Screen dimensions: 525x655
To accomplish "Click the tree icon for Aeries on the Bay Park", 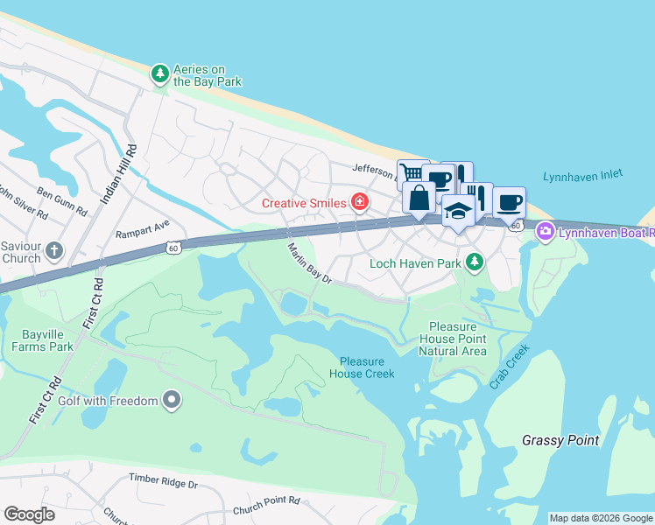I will click(159, 74).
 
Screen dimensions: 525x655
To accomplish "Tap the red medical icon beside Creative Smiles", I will click(359, 203).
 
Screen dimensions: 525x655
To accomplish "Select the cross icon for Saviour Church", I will click(54, 252).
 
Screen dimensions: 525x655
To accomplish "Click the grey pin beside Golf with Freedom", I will click(172, 401).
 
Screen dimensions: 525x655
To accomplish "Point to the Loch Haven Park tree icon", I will click(474, 262).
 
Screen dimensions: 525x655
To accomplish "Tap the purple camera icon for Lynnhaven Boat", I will click(545, 232).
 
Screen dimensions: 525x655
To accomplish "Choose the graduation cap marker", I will click(457, 211).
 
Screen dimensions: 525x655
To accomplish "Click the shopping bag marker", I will click(419, 197).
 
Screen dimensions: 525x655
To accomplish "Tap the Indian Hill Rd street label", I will click(120, 174).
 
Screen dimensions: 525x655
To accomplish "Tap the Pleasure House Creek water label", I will click(362, 367).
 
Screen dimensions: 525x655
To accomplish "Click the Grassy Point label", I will click(560, 439).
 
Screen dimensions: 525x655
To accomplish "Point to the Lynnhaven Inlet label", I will click(582, 175).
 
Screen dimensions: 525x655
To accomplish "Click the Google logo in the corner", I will click(29, 514).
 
